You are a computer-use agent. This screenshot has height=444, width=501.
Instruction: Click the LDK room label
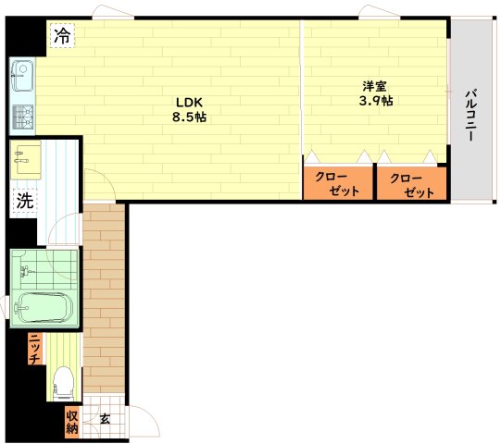tap(190, 103)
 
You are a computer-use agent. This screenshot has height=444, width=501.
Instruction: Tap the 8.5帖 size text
tap(190, 117)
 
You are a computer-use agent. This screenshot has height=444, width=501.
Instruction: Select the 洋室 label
tap(374, 86)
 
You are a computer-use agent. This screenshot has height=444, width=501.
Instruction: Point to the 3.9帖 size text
tap(376, 101)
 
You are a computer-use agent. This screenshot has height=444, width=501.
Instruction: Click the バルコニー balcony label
tap(470, 116)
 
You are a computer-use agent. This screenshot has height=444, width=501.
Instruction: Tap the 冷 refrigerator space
tap(62, 36)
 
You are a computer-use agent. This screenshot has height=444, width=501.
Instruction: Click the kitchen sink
tap(22, 76)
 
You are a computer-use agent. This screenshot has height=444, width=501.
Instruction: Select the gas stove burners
tap(23, 117)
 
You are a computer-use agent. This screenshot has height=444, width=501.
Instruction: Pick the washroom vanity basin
tap(26, 160)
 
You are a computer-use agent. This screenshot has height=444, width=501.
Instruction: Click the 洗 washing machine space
tap(25, 201)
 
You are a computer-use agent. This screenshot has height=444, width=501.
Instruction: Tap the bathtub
tap(44, 308)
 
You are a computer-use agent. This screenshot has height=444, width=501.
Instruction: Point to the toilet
tap(63, 383)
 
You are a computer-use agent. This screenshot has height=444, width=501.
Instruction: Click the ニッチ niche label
tap(34, 349)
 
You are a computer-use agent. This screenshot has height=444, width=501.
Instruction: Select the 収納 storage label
tap(72, 423)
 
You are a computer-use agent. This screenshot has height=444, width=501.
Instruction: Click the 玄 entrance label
tap(105, 419)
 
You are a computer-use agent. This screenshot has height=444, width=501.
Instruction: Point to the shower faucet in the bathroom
tap(26, 271)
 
